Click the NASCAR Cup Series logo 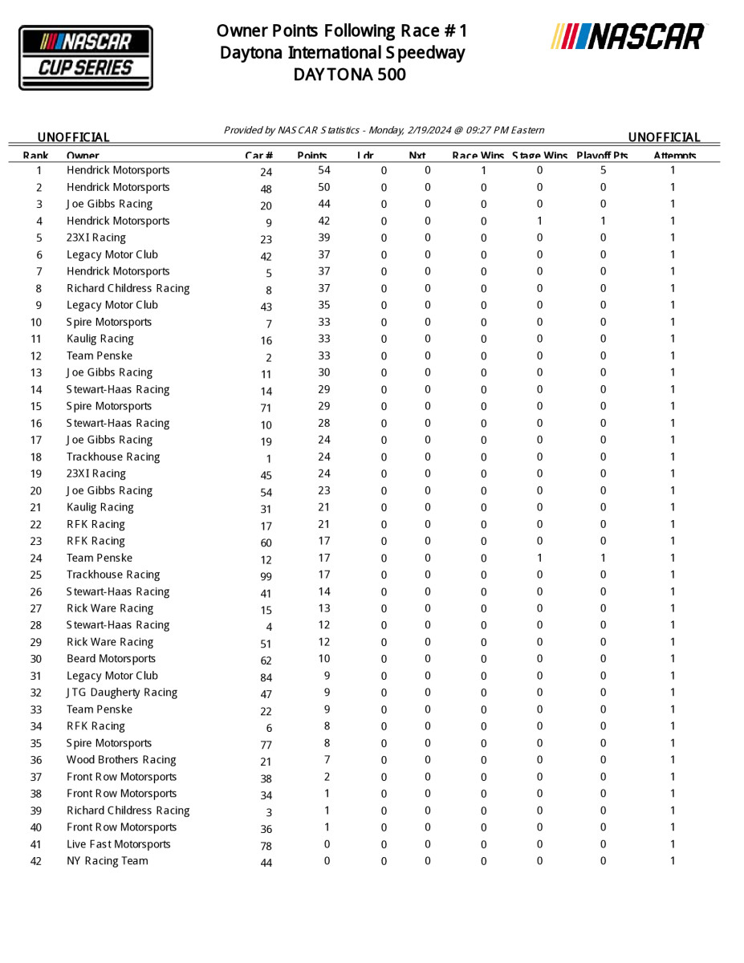(86, 58)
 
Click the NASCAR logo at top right (628, 37)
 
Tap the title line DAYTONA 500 (349, 75)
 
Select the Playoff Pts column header (602, 156)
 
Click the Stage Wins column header (539, 156)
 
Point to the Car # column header (259, 156)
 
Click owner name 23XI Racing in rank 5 (96, 238)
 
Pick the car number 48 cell (266, 189)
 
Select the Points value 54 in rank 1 (324, 170)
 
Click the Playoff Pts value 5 (603, 170)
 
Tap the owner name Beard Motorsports (111, 659)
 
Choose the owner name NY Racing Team (107, 861)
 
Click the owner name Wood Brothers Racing (121, 760)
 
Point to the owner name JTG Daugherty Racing (122, 693)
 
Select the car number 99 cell (266, 577)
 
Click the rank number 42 (36, 861)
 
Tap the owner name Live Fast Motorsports (119, 844)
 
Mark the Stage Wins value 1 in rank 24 (539, 558)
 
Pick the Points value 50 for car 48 (324, 187)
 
